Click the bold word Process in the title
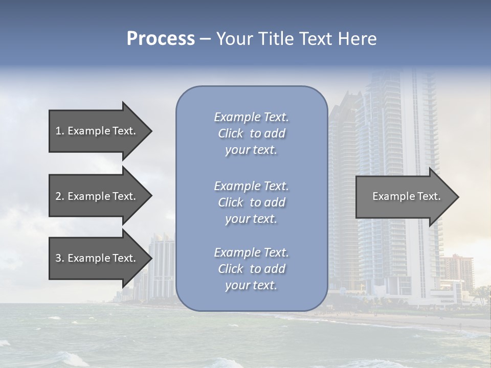coord(161,39)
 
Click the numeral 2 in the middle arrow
coord(58,196)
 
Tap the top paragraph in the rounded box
coord(251,133)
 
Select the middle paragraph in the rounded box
coord(251,202)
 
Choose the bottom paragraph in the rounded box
coord(251,269)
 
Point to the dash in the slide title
coord(205,39)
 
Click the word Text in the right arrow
coord(429,196)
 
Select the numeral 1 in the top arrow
coord(58,131)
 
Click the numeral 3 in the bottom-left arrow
coord(58,258)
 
